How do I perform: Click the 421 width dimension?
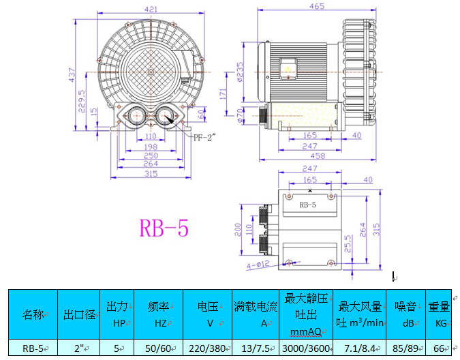point(151,9)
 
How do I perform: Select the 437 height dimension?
point(72,75)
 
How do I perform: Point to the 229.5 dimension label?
point(82,101)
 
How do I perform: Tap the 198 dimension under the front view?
point(151,147)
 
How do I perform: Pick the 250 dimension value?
point(151,155)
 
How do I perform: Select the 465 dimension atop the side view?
point(317,6)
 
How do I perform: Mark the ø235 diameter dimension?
point(240,72)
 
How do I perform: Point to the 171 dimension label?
point(223,94)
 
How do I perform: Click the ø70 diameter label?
point(240,116)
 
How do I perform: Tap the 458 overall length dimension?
point(318,155)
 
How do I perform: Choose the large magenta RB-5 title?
point(164,228)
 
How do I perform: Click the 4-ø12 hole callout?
point(258,265)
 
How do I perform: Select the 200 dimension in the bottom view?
point(238,230)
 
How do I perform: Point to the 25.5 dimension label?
point(348,244)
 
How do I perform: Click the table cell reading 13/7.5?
point(256,348)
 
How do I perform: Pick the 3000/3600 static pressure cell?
point(306,348)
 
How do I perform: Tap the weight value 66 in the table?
point(439,348)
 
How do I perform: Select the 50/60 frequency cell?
point(158,348)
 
